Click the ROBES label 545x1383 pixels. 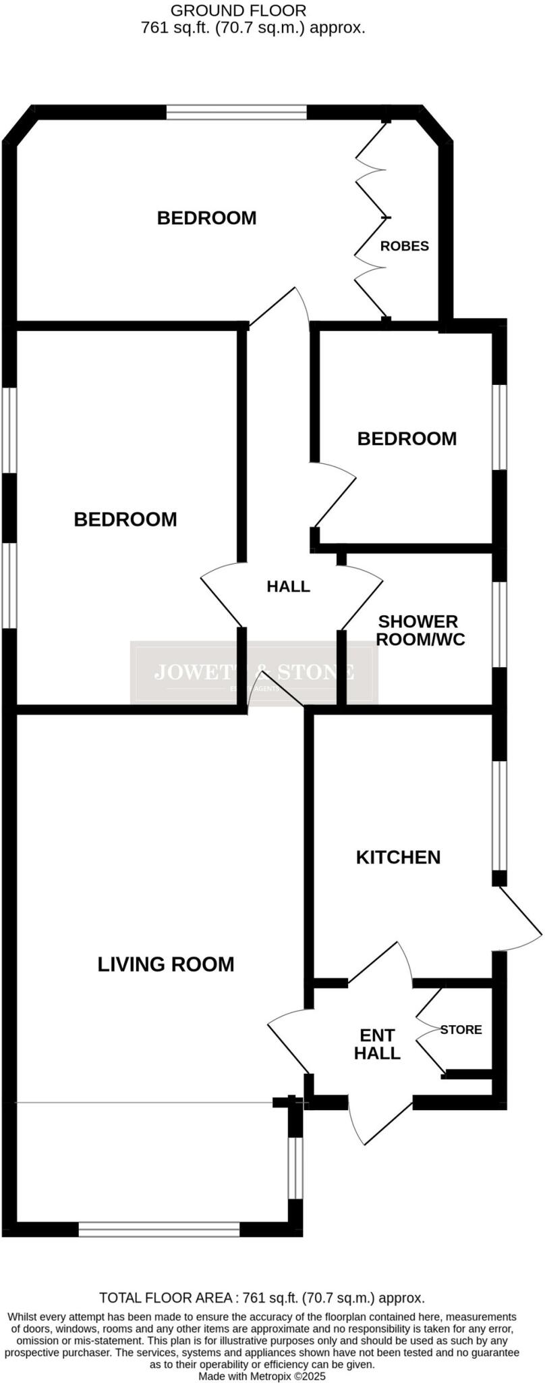click(x=404, y=246)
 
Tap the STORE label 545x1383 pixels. click(x=461, y=1029)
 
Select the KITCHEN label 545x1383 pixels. click(x=398, y=857)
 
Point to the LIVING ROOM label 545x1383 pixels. click(x=166, y=964)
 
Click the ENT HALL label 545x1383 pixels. click(x=377, y=1044)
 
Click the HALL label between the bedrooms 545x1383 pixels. click(x=288, y=586)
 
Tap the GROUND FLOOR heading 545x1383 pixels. click(x=238, y=11)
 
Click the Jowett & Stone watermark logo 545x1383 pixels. click(x=254, y=673)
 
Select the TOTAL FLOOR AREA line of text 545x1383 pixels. click(x=262, y=1297)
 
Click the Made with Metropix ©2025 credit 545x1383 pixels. click(x=262, y=1375)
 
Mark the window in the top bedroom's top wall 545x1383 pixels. click(x=237, y=112)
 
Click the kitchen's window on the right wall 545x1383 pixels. click(x=498, y=816)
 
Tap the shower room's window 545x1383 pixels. click(x=498, y=625)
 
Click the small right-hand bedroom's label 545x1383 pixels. click(x=407, y=439)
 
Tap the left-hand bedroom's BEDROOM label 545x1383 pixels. click(x=125, y=519)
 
